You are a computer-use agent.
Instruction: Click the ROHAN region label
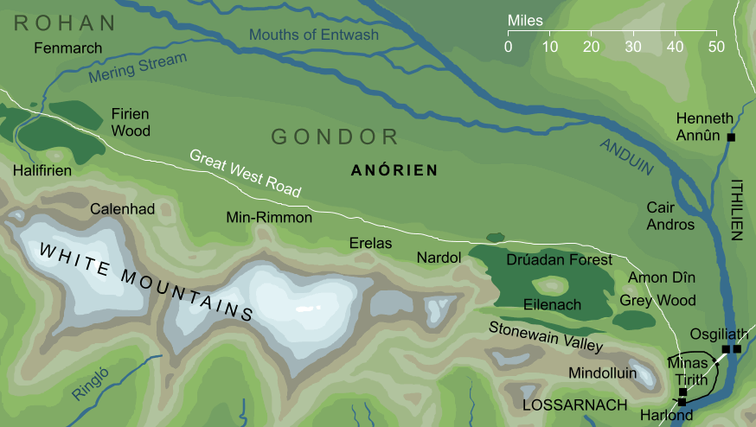click(x=65, y=22)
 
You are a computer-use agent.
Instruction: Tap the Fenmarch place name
click(x=67, y=48)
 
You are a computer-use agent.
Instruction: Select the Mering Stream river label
click(x=138, y=69)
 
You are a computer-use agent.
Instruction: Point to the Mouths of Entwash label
click(x=313, y=35)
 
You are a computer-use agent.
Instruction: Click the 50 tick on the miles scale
click(x=714, y=45)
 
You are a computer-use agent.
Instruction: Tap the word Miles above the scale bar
click(x=524, y=20)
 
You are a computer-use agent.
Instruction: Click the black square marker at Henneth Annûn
click(x=731, y=137)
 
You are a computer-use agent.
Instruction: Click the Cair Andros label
click(x=670, y=216)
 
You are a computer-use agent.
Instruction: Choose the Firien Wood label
click(x=131, y=123)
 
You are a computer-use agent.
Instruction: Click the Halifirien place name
click(x=42, y=171)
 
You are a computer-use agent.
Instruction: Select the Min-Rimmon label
click(x=268, y=218)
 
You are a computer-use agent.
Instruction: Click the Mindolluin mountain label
click(x=603, y=373)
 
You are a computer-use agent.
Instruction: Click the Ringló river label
click(x=93, y=384)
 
